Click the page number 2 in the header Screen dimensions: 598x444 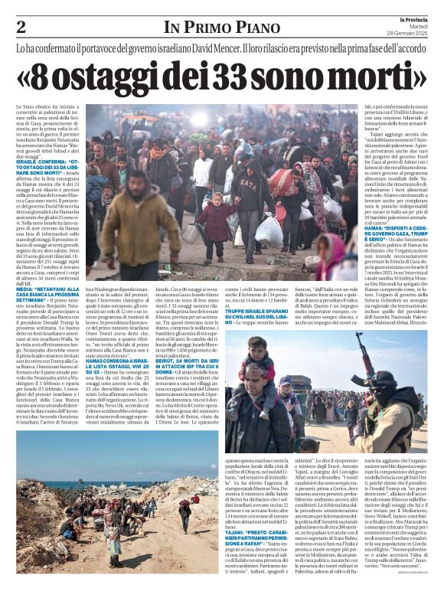coord(20,28)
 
